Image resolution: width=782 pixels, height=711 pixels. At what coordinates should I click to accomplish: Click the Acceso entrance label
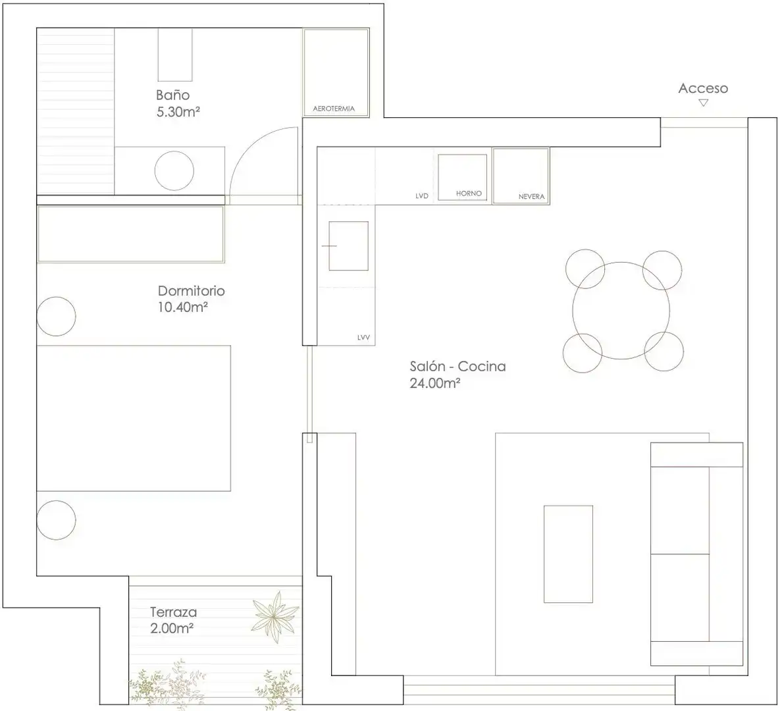pos(703,88)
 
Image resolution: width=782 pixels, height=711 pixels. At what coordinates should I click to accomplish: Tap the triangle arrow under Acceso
pos(703,103)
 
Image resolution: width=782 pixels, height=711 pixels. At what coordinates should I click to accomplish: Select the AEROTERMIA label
pos(334,108)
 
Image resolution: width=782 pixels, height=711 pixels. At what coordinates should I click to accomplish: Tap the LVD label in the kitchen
pos(422,196)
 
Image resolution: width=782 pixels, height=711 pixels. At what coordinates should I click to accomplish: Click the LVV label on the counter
pos(363,338)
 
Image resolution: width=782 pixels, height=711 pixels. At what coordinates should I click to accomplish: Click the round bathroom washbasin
pos(174,171)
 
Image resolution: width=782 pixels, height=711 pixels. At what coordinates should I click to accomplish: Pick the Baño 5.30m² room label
pos(178,103)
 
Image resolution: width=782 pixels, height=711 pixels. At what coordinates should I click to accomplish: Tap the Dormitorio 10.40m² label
pos(191,298)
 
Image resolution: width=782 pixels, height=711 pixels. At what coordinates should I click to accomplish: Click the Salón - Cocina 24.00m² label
pos(458,374)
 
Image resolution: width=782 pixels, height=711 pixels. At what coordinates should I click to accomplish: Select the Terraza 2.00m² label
pos(173,619)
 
